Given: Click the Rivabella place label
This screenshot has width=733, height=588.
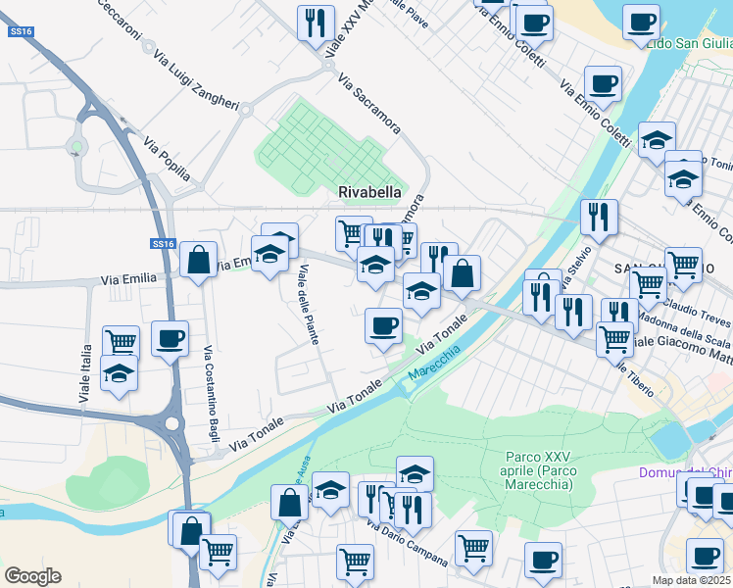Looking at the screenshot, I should click(x=369, y=193).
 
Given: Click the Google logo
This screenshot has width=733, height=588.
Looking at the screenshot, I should click(x=32, y=576).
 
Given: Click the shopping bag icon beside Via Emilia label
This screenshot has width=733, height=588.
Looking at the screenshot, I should click(x=198, y=261).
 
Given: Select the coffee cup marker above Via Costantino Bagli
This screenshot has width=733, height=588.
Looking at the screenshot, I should click(x=171, y=339).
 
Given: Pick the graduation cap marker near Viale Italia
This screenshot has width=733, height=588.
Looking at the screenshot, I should click(x=119, y=374).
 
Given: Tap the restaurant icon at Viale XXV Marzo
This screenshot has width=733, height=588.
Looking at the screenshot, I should click(x=316, y=22).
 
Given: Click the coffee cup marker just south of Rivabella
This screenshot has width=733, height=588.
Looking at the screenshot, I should click(x=383, y=325).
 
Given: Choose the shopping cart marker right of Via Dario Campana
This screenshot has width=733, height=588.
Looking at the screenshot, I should click(x=473, y=547).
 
